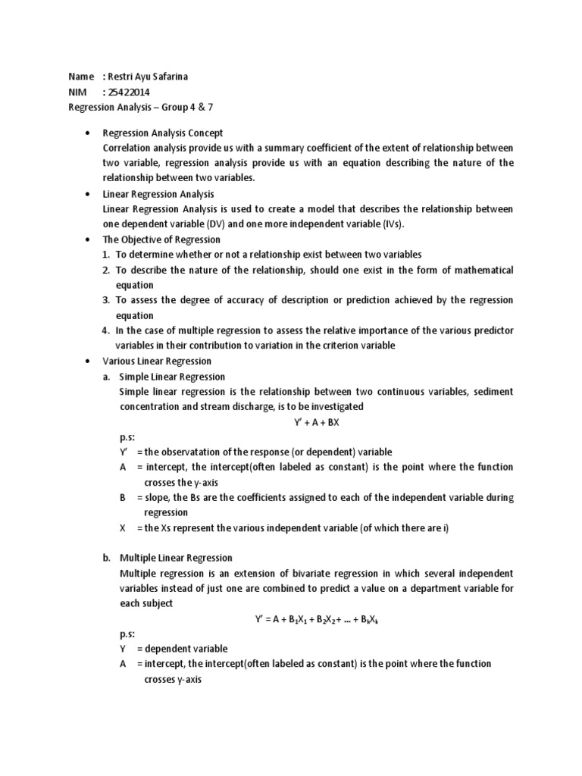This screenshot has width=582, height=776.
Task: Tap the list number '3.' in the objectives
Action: click(x=107, y=301)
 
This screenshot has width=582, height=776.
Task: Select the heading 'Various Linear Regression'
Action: click(x=157, y=361)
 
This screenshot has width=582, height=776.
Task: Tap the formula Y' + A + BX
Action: click(x=311, y=422)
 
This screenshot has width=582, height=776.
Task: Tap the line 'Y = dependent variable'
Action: click(x=174, y=649)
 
